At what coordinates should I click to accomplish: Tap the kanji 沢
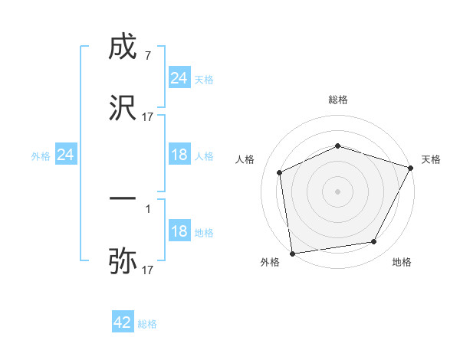(123, 106)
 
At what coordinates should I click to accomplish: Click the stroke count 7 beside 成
(148, 57)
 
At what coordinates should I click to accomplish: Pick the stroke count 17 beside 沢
(148, 116)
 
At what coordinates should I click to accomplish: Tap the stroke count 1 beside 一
(148, 208)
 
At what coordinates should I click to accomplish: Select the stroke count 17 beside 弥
(148, 270)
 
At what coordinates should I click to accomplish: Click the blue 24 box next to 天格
(179, 78)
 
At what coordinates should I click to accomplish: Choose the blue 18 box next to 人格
(179, 155)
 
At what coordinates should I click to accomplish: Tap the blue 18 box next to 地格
(179, 231)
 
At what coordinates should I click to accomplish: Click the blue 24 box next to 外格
(66, 155)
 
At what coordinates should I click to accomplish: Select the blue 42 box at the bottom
(123, 322)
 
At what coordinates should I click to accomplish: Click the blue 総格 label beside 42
(147, 324)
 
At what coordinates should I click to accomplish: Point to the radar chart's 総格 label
(338, 100)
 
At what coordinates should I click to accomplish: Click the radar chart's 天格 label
(431, 159)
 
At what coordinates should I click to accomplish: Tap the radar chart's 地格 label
(402, 263)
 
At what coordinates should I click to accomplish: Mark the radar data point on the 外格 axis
(292, 253)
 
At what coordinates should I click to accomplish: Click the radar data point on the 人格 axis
(280, 172)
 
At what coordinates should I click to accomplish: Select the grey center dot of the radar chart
(338, 191)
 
